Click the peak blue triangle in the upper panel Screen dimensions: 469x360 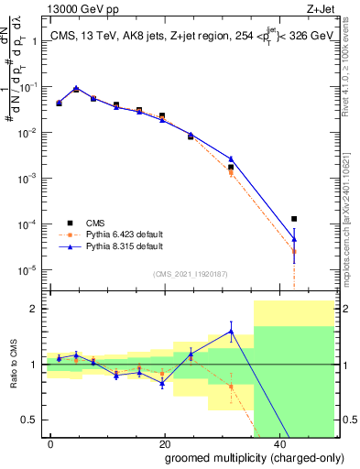point(76,89)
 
